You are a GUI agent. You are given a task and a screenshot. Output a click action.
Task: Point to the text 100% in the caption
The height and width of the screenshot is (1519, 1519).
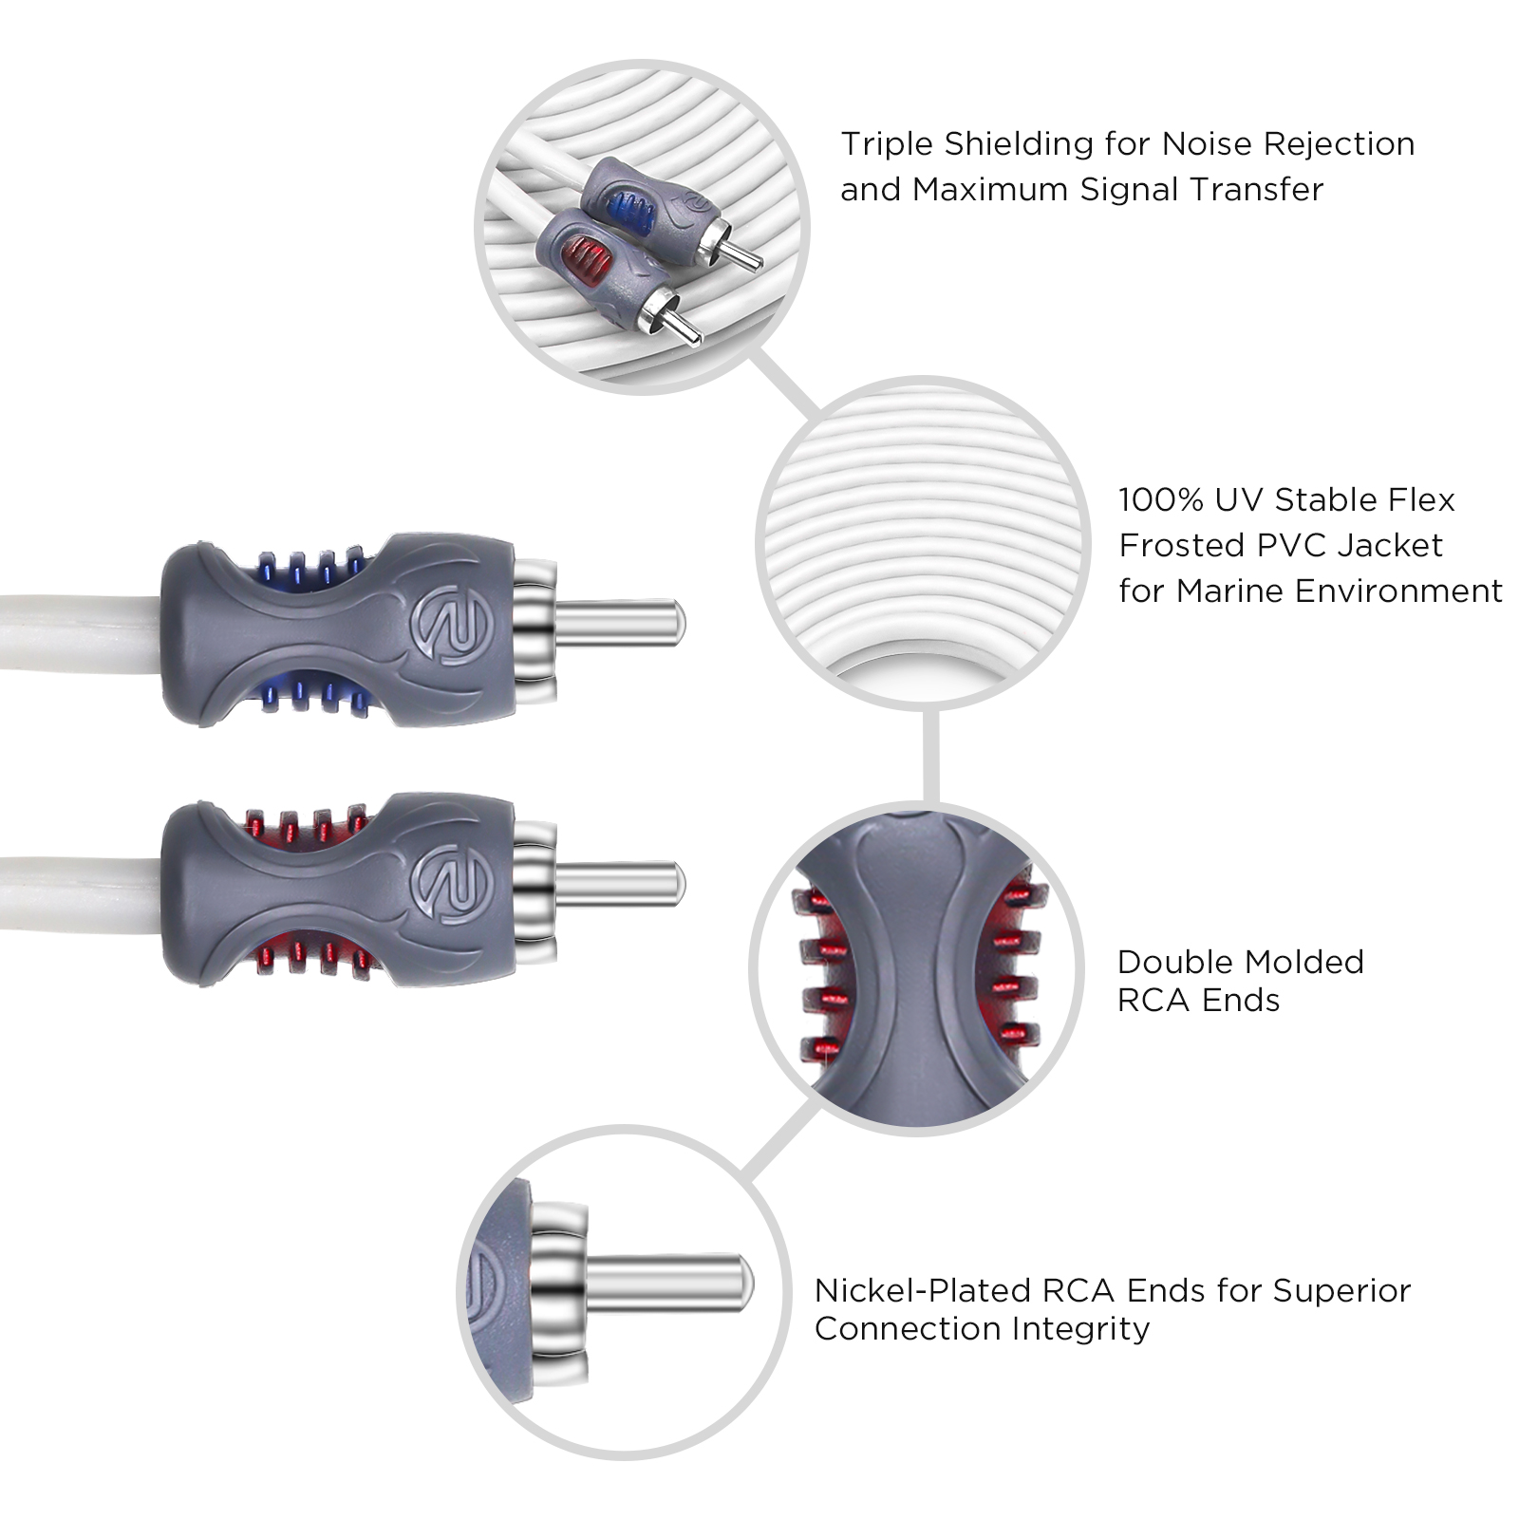[x=1160, y=499]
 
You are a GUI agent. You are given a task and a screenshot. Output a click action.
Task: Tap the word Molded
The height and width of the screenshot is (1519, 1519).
[x=1303, y=962]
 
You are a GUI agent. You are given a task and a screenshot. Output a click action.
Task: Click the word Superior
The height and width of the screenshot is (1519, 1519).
[x=1341, y=1291]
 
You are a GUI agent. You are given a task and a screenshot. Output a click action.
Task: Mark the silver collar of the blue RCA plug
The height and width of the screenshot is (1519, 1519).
[x=534, y=623]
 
